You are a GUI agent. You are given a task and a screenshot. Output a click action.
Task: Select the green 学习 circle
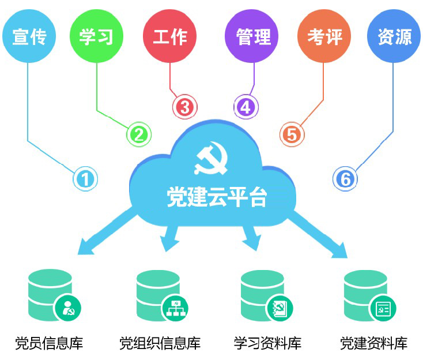click(x=96, y=36)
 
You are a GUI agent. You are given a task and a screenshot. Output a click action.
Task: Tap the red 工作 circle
click(x=170, y=36)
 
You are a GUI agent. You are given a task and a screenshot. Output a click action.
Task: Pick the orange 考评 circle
click(x=324, y=36)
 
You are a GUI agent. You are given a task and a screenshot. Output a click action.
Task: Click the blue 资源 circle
click(x=394, y=36)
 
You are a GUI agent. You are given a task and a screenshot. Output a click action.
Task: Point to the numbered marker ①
click(x=85, y=179)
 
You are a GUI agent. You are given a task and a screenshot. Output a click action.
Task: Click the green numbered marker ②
click(x=139, y=135)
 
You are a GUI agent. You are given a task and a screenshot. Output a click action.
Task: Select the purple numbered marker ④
click(x=246, y=107)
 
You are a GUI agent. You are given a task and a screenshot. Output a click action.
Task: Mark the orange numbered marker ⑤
click(x=292, y=135)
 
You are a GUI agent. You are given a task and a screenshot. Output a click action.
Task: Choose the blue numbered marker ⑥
click(x=345, y=179)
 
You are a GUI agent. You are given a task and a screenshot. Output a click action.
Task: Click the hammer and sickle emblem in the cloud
click(x=211, y=160)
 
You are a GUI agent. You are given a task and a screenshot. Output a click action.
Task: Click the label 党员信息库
click(x=49, y=344)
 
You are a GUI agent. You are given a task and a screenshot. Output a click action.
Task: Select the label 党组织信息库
click(x=160, y=344)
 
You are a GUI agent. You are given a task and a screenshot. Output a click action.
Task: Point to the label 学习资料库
click(x=267, y=344)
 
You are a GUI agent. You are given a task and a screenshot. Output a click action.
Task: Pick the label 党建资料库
click(x=373, y=344)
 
